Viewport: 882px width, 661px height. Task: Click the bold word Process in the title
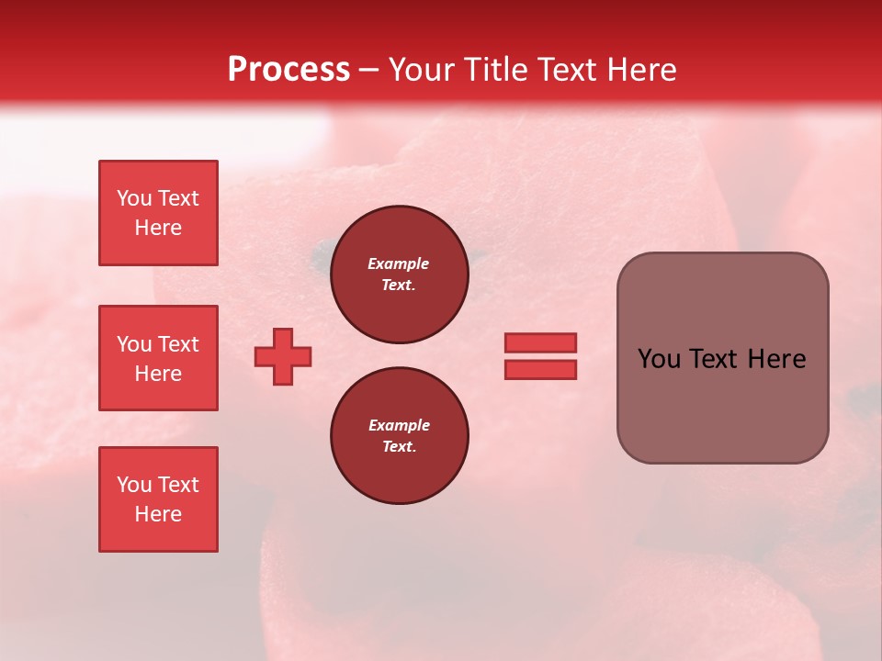click(x=288, y=70)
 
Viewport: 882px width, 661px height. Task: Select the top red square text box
click(x=158, y=213)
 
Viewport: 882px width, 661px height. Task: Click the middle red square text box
click(x=158, y=358)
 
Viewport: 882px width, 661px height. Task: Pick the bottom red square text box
click(x=158, y=499)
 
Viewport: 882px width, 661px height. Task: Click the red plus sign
click(x=283, y=356)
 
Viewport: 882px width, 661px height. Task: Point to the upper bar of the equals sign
click(x=540, y=343)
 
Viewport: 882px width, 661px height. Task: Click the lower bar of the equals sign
click(x=540, y=369)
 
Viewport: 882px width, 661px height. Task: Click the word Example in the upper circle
click(x=399, y=263)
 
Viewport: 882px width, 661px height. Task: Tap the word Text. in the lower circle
click(x=399, y=446)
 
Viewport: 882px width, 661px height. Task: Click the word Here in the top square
click(x=158, y=228)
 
